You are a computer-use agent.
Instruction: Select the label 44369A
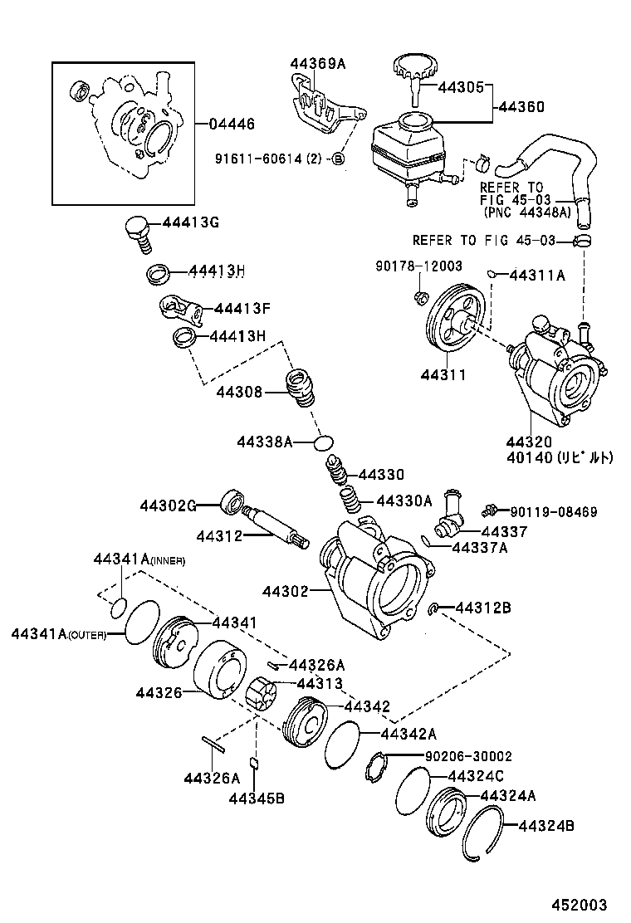coord(318,63)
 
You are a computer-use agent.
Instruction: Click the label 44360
coord(521,107)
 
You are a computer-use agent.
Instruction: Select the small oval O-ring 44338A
coord(324,442)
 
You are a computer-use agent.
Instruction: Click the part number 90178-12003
coord(418,266)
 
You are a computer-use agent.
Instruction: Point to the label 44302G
coord(168,505)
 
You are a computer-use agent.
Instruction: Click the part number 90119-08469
coord(553,512)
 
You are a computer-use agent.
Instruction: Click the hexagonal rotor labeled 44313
coord(263,694)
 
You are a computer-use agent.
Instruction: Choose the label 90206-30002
coord(468,756)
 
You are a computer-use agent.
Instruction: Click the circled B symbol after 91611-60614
coord(338,158)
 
